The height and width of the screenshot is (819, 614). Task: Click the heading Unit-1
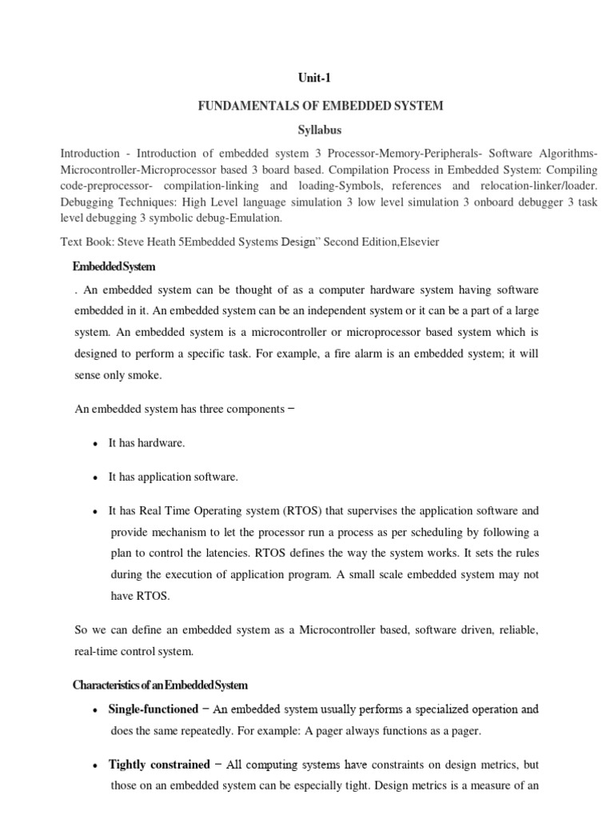306,78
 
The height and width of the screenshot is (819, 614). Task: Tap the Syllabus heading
306,130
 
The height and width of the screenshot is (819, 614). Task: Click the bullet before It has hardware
95,443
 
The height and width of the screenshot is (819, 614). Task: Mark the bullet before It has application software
95,477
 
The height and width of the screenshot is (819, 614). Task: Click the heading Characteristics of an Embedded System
160,685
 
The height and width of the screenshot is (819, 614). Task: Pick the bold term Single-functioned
153,709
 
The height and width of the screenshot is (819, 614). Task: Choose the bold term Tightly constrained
159,765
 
